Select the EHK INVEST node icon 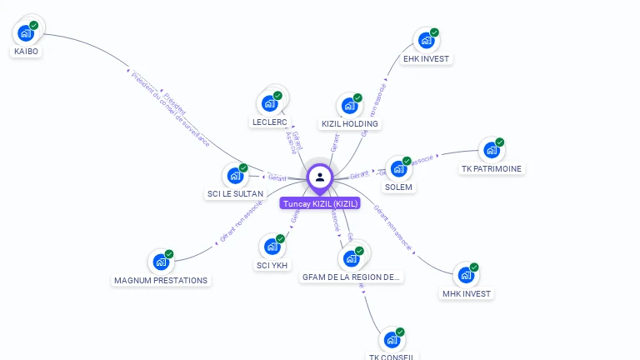(x=425, y=41)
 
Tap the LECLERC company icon (x=268, y=103)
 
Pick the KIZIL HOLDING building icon (x=348, y=106)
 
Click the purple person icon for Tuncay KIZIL (x=320, y=177)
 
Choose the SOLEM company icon (x=398, y=169)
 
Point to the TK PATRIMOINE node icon (x=491, y=151)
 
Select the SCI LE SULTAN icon (x=234, y=176)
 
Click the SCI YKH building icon (x=271, y=247)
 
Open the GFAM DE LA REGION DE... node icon (x=351, y=258)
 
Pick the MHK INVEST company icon (x=465, y=275)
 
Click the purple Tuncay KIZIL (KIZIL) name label (x=321, y=203)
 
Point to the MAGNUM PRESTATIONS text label (x=161, y=281)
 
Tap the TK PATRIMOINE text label (x=492, y=169)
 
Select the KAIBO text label (x=26, y=52)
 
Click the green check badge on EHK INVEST (x=434, y=32)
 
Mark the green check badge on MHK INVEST (x=474, y=267)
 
